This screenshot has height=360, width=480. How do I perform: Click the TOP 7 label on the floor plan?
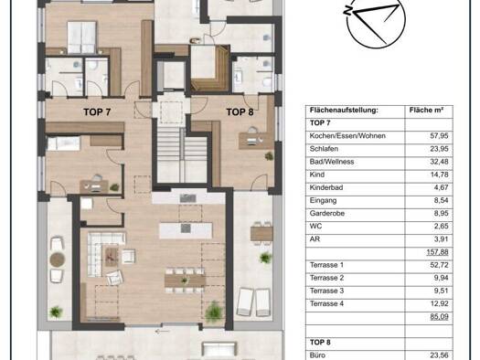[x=97, y=112]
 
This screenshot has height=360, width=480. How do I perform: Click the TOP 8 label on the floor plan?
[x=240, y=112]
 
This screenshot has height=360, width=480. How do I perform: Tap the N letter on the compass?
[x=347, y=11]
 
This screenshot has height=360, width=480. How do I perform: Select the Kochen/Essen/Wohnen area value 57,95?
[x=439, y=136]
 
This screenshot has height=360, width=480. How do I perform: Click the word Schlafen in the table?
[x=324, y=149]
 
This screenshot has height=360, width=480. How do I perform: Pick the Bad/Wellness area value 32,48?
[x=439, y=162]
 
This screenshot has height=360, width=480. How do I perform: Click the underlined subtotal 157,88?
[x=437, y=252]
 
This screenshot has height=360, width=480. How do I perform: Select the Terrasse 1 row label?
[x=326, y=265]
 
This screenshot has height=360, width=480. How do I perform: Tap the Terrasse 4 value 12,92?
[x=439, y=303]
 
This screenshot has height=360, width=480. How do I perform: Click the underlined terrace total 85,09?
[x=439, y=316]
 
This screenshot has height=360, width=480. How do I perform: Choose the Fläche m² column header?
[x=426, y=111]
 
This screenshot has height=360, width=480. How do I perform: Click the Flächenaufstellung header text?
[x=344, y=111]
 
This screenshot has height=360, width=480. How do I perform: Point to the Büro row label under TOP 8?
[x=317, y=355]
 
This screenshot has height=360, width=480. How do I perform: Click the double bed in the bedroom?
[x=81, y=37]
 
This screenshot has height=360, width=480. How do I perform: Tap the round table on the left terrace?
[x=58, y=259]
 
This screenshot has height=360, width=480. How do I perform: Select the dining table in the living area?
[x=185, y=281]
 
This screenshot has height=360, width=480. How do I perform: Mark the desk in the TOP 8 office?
[x=255, y=142]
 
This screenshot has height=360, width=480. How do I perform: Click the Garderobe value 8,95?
[x=441, y=213]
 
